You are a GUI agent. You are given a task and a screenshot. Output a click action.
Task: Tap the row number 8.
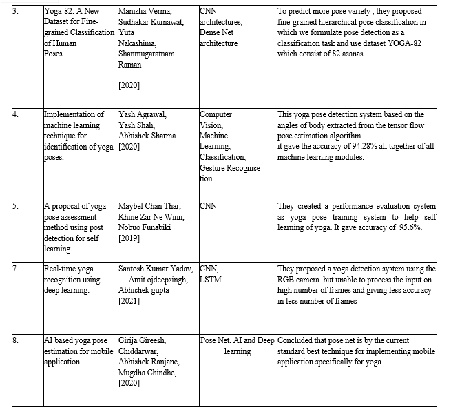7,341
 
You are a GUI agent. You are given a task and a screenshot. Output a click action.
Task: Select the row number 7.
7,269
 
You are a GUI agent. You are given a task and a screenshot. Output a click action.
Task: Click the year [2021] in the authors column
131,302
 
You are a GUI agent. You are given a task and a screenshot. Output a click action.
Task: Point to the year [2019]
131,238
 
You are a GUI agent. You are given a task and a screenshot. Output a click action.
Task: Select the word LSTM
211,280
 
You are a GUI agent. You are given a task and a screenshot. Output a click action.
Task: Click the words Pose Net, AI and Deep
238,341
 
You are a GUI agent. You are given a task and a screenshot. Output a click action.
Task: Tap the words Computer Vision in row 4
216,120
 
